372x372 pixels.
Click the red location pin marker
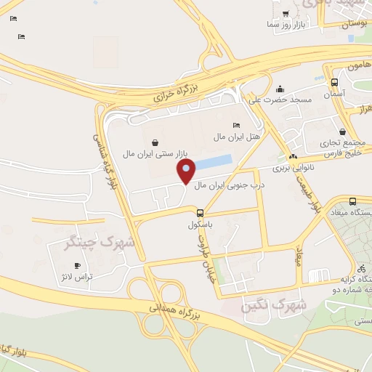[186, 171]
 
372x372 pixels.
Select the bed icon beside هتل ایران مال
[235, 126]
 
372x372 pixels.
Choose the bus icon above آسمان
[333, 83]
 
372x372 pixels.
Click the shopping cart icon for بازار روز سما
[286, 14]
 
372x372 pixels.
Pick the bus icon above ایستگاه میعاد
[352, 201]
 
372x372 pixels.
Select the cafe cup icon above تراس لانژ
[77, 266]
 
